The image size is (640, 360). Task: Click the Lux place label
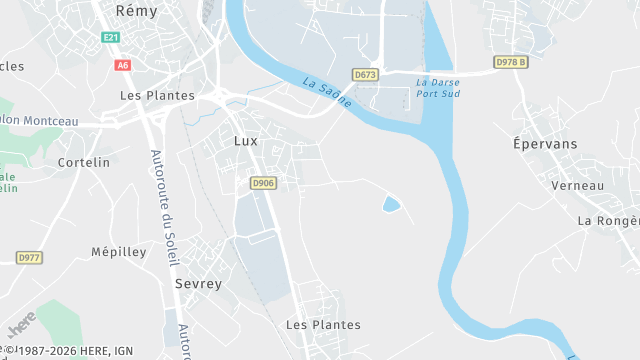click(x=245, y=141)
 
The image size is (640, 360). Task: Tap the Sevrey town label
click(x=198, y=284)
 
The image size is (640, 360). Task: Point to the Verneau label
click(x=578, y=186)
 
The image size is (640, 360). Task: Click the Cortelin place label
click(x=84, y=162)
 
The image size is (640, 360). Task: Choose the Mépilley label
click(x=119, y=252)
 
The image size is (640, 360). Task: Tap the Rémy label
click(x=137, y=10)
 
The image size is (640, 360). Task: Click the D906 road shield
click(x=263, y=183)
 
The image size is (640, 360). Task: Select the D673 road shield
click(x=365, y=75)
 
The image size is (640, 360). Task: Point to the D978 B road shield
click(x=510, y=62)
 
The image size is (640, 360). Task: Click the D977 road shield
click(x=29, y=258)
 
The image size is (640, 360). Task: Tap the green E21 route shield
click(x=110, y=38)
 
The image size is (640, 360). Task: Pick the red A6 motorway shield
click(x=123, y=65)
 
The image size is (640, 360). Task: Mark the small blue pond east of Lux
click(x=391, y=205)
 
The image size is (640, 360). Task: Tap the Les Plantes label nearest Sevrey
click(x=323, y=325)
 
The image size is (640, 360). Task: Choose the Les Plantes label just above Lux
click(x=157, y=96)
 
